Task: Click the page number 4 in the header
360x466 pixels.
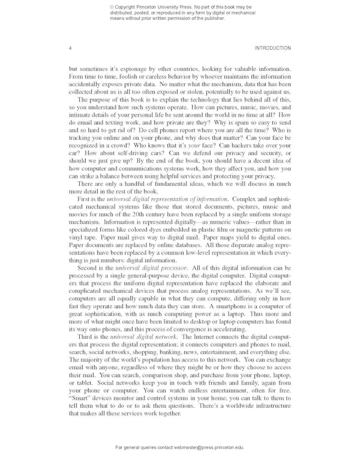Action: tap(70, 48)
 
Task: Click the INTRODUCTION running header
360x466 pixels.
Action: tap(273, 48)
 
